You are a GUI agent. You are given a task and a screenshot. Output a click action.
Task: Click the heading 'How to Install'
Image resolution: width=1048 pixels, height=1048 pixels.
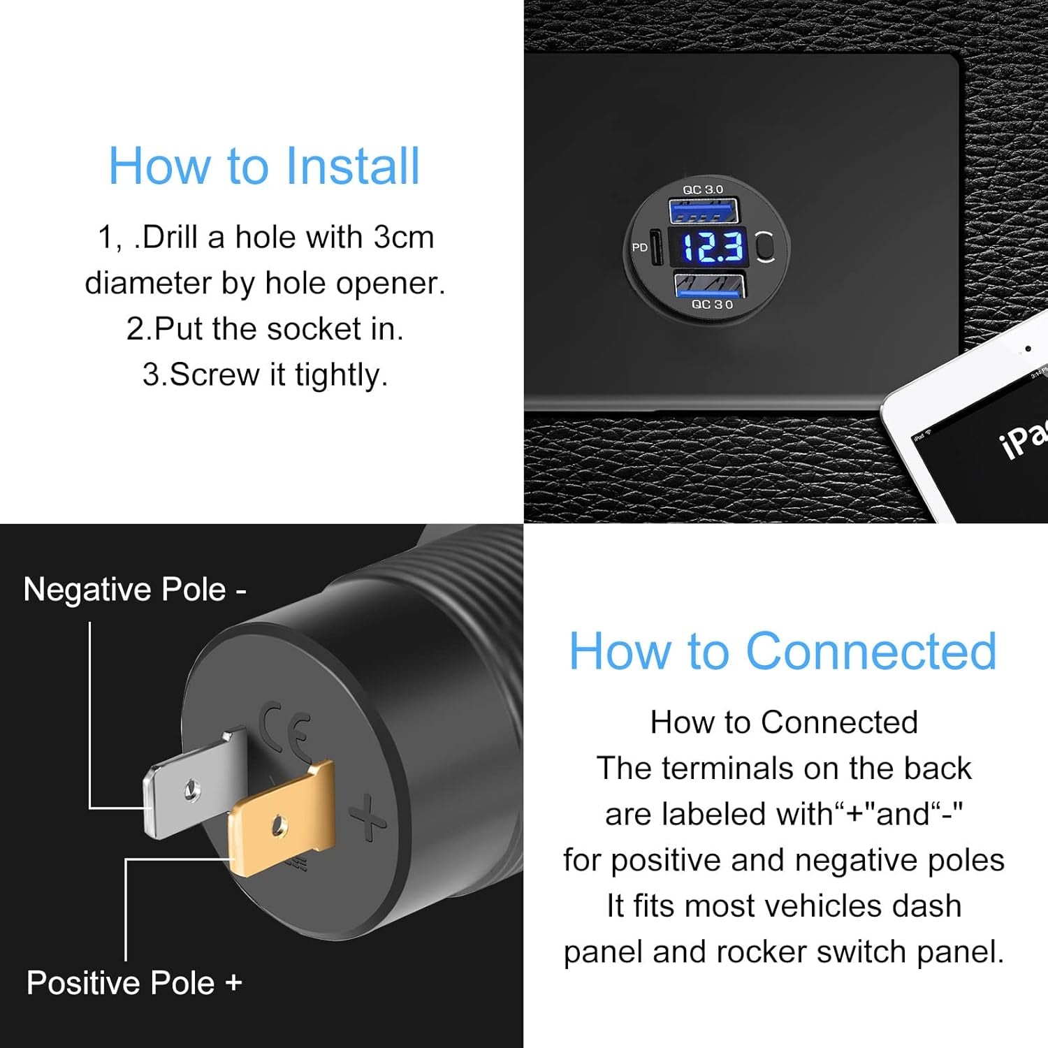[264, 166]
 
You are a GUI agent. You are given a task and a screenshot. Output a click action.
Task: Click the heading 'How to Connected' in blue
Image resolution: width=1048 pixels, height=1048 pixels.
[783, 651]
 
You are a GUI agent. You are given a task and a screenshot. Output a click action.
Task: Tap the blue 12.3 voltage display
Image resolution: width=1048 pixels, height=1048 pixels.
[711, 247]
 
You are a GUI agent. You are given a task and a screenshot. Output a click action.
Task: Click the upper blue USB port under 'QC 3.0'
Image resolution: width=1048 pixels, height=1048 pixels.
[704, 210]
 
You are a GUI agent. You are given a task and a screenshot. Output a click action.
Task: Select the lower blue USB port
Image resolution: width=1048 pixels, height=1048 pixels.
[709, 284]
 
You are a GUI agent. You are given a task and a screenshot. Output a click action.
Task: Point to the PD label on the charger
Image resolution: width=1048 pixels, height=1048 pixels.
[639, 247]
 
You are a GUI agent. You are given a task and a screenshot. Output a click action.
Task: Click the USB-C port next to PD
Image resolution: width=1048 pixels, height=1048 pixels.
[657, 247]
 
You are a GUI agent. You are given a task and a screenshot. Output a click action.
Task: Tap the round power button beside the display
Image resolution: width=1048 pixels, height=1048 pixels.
[766, 247]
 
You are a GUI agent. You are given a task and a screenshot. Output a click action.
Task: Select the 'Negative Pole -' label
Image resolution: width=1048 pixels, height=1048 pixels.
[135, 590]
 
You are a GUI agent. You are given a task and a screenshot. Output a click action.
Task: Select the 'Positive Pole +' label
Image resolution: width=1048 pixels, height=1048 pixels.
[134, 983]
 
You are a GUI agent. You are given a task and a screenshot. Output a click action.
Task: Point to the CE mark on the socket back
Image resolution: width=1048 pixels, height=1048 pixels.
[286, 734]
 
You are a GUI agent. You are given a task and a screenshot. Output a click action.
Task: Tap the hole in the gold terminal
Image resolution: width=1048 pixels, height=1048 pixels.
[279, 825]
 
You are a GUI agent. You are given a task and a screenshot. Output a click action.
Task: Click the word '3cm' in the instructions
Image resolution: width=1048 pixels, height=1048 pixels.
[403, 238]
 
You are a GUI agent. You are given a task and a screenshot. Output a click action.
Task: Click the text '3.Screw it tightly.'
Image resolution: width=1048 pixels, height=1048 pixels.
[265, 374]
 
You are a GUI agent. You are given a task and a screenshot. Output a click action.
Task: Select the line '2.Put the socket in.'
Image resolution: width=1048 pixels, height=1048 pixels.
[265, 329]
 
